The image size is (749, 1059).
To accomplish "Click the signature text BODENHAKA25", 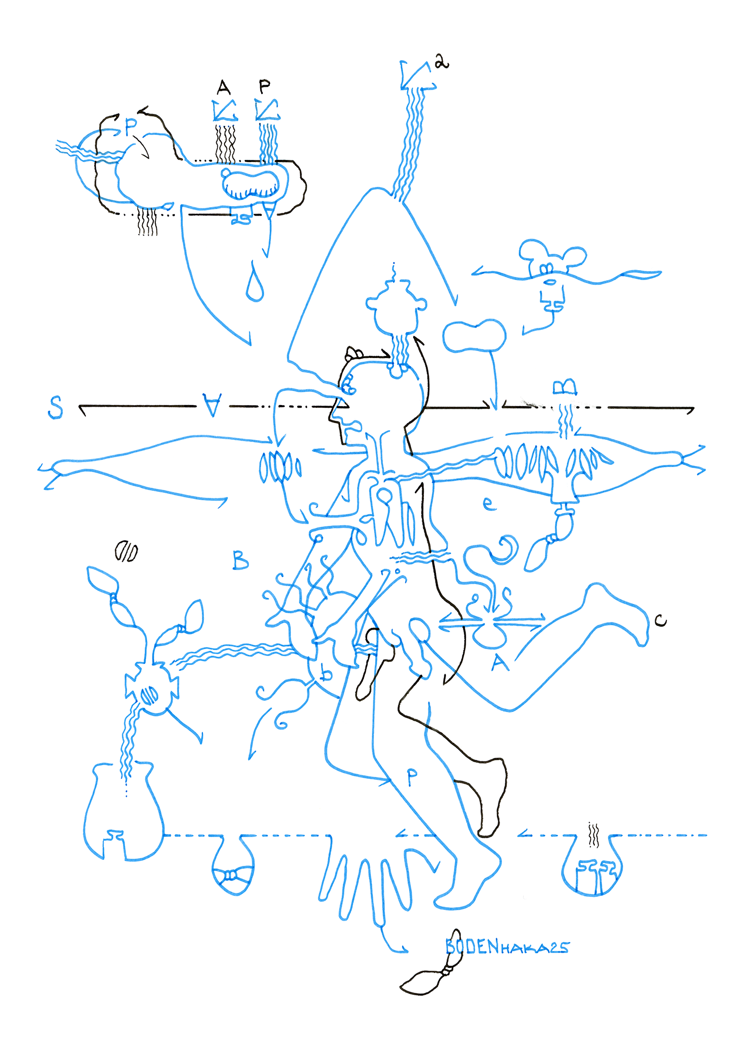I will coord(507,947).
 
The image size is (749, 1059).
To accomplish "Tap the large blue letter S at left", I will coord(55,407).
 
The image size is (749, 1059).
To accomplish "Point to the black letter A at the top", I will coord(224,87).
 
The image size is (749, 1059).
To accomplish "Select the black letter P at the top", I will coord(264,86).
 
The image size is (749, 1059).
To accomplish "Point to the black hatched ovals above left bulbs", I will coord(126,552).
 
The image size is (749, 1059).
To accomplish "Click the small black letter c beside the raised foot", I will coord(660,620).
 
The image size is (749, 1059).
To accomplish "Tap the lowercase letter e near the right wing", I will coord(489,504).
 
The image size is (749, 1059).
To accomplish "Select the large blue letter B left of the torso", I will coord(240,560).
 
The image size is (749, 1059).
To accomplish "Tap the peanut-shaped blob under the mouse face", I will coord(474,336).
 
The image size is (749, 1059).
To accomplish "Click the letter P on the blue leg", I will coord(412,777).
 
